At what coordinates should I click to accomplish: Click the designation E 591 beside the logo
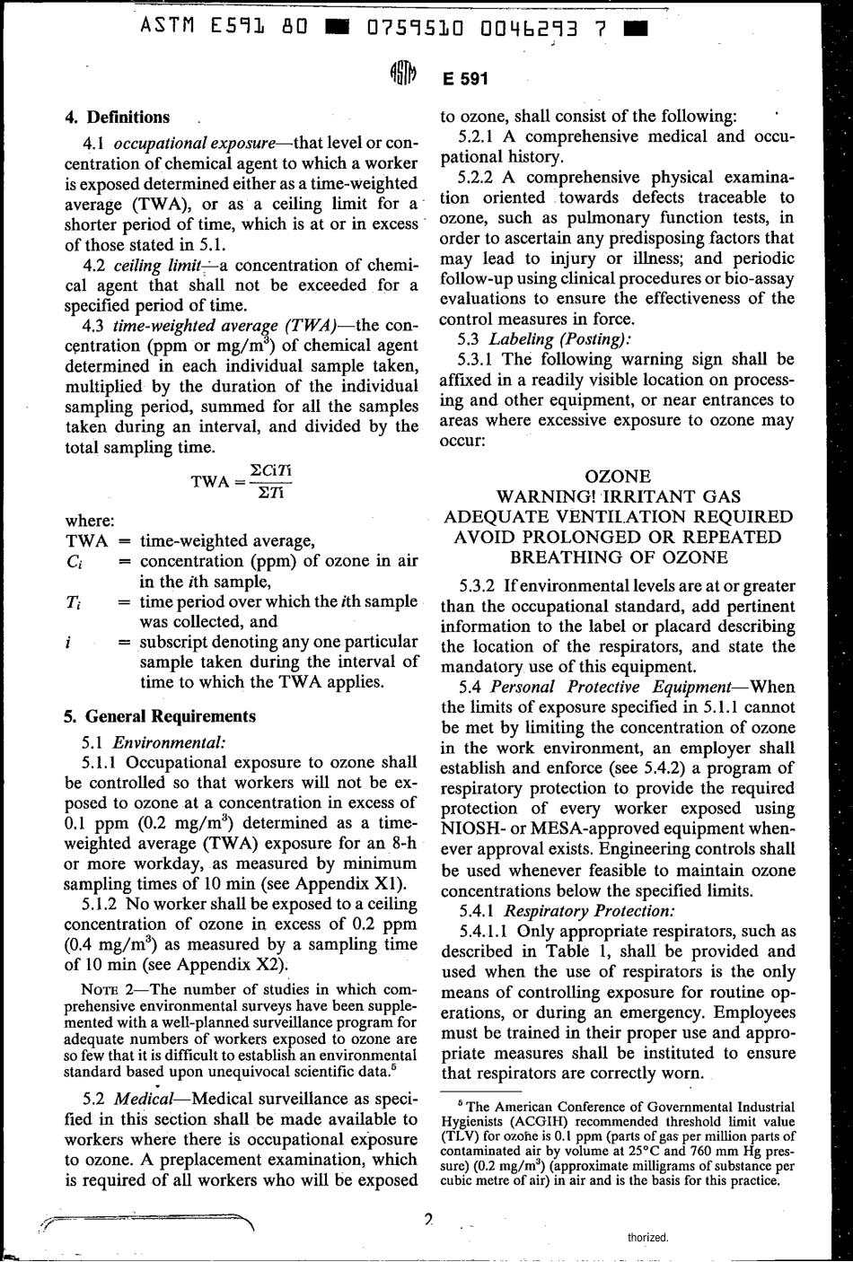pyautogui.click(x=465, y=79)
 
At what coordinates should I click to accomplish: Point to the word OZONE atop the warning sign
pyautogui.click(x=618, y=476)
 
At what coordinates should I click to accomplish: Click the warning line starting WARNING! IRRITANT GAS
pyautogui.click(x=619, y=496)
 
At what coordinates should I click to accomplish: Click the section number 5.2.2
pyautogui.click(x=479, y=177)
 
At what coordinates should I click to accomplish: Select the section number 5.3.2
pyautogui.click(x=479, y=585)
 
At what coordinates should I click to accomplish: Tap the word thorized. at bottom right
pyautogui.click(x=648, y=1237)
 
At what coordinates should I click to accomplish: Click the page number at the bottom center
pyautogui.click(x=429, y=1220)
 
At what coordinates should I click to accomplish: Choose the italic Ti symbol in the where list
pyautogui.click(x=74, y=602)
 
